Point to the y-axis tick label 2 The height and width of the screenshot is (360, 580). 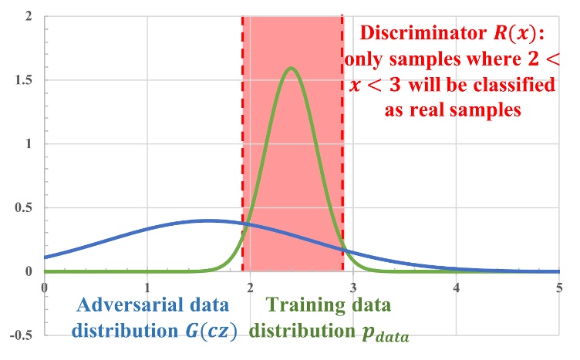click(28, 16)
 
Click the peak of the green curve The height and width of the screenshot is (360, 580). click(292, 68)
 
